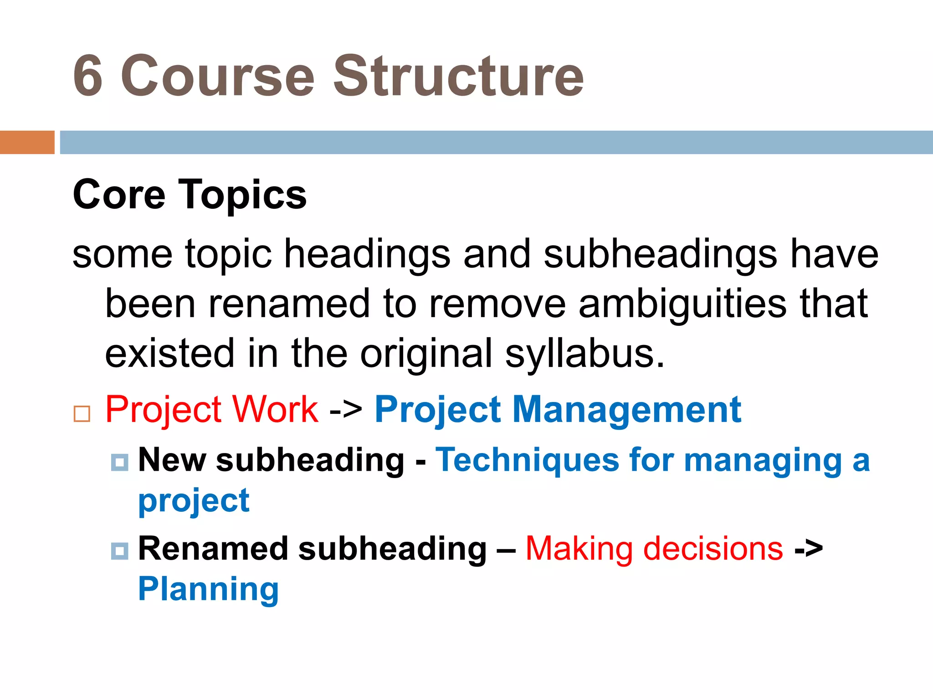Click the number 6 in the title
(x=88, y=76)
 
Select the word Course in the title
(x=218, y=76)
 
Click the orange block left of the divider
(x=27, y=142)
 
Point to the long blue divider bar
(x=496, y=142)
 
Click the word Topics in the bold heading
(x=244, y=195)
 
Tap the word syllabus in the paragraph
(x=585, y=354)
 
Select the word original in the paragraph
(x=426, y=354)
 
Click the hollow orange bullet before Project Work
(x=82, y=414)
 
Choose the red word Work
(x=275, y=409)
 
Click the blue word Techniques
(x=527, y=460)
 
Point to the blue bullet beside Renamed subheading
(x=119, y=551)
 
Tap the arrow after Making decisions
(x=809, y=549)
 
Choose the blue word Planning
(x=208, y=589)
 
